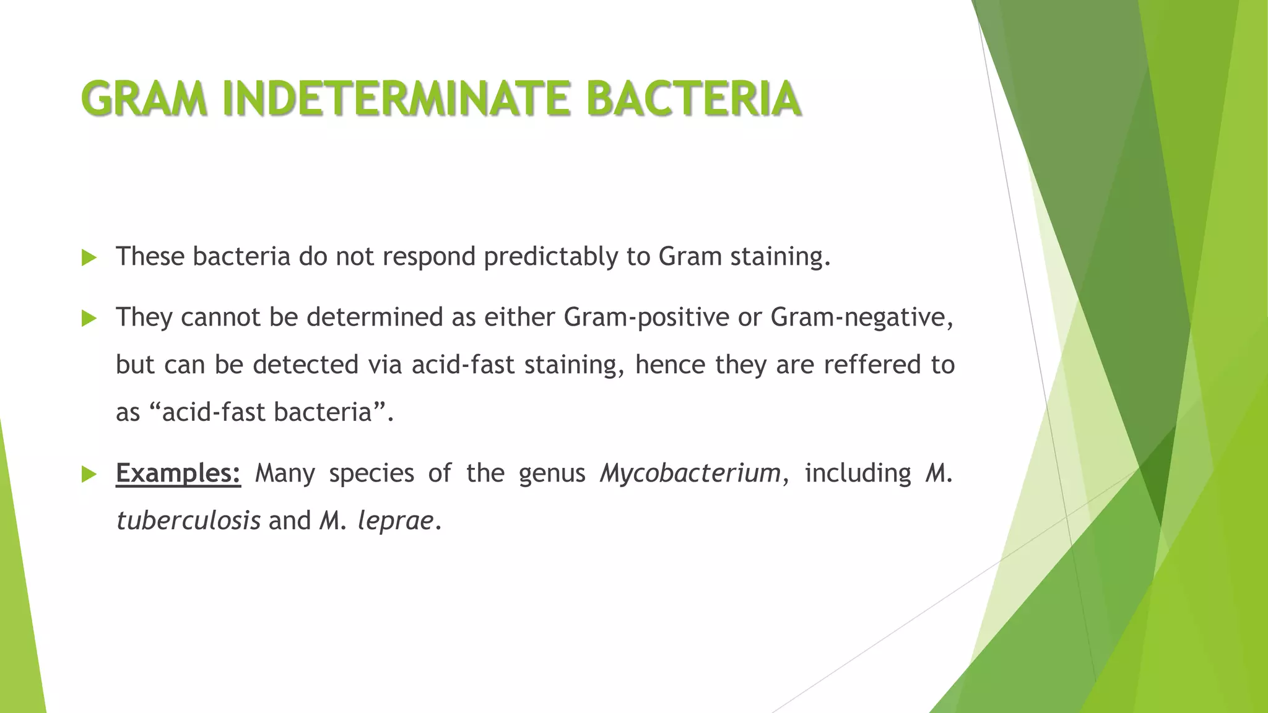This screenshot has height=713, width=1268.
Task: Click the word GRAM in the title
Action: point(144,99)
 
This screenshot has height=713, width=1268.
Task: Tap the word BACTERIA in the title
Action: point(693,99)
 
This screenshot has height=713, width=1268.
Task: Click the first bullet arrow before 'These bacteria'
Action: point(89,258)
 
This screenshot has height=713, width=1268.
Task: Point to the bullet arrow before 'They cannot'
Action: point(89,319)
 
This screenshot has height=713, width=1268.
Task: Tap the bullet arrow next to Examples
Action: point(89,475)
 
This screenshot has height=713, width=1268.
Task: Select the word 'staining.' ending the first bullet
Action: point(780,257)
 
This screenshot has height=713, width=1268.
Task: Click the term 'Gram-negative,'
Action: point(862,318)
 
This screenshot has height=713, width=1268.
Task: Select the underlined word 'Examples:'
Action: point(178,473)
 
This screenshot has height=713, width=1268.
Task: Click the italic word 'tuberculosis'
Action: point(188,521)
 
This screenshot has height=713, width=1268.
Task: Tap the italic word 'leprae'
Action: point(395,522)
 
